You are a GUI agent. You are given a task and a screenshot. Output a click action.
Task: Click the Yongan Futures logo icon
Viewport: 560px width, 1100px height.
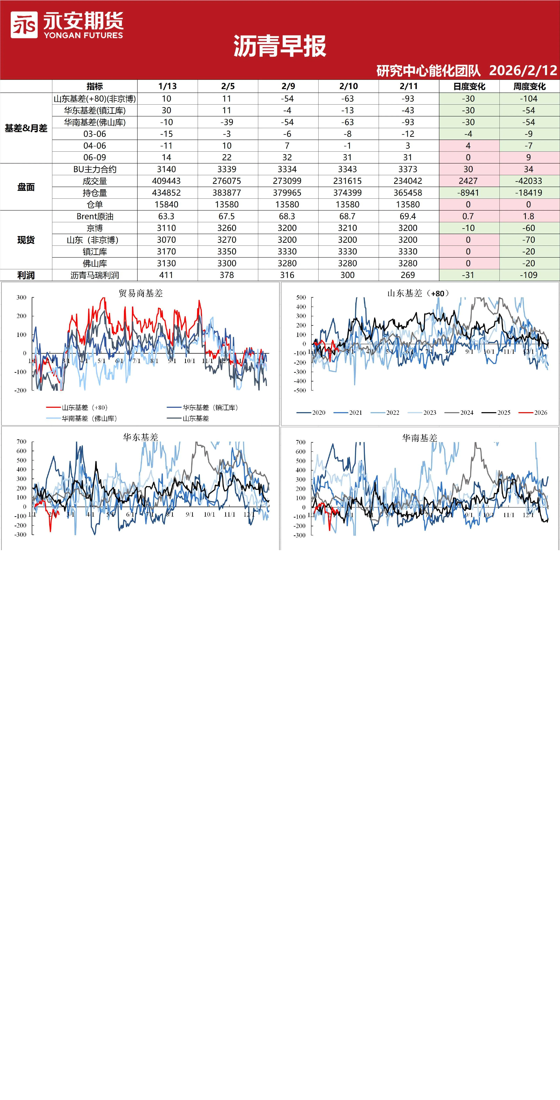[24, 25]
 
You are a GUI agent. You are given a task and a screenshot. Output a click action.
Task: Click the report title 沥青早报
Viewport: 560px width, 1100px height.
[280, 46]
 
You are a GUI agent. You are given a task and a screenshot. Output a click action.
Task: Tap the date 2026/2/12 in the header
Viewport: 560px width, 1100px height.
[523, 70]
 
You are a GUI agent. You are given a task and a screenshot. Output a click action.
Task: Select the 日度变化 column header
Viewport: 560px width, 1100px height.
[469, 86]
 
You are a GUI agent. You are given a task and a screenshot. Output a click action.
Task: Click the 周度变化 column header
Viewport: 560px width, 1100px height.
[529, 86]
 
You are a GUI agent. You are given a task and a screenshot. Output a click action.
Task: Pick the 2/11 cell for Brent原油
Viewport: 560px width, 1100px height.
[408, 216]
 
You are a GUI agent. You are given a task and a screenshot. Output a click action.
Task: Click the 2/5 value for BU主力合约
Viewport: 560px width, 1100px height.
[227, 169]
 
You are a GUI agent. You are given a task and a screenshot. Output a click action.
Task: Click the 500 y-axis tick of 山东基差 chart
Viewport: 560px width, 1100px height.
[301, 298]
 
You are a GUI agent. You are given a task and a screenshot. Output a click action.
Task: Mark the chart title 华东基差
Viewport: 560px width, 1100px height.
[141, 437]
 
